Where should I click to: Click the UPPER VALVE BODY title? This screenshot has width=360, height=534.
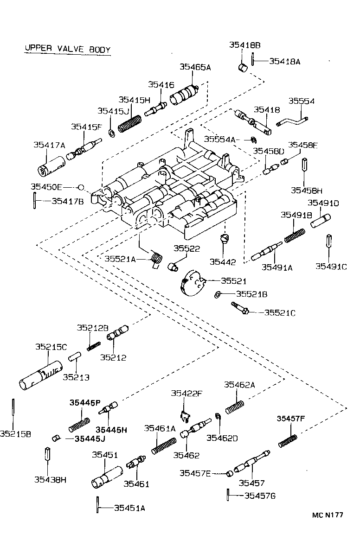(x=67, y=50)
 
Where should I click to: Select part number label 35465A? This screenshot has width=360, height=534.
(x=195, y=67)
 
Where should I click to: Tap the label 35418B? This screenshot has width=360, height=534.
(x=244, y=45)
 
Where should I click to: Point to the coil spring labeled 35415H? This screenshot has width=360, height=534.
(x=129, y=123)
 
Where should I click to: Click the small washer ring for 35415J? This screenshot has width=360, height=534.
(x=112, y=133)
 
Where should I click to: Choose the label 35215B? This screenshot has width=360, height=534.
(x=15, y=434)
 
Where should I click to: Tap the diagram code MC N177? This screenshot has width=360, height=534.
(x=327, y=514)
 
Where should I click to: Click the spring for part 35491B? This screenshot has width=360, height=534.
(x=295, y=235)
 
